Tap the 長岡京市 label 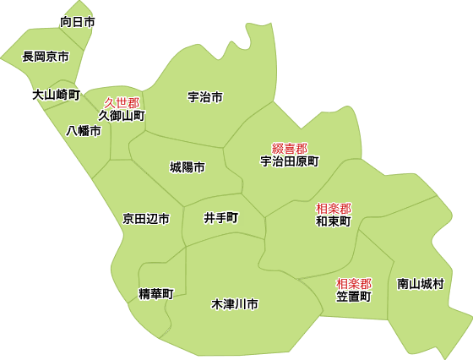tap(46, 57)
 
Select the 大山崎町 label tap(56, 95)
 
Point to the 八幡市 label tap(84, 131)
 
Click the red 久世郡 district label tap(122, 102)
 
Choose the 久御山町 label tap(122, 115)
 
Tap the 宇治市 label tap(205, 97)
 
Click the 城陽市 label tap(187, 167)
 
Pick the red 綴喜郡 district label tap(289, 148)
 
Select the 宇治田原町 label tap(289, 161)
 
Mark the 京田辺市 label tap(145, 219)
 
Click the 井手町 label tap(221, 217)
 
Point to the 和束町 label tap(334, 221)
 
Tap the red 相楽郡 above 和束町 tap(334, 208)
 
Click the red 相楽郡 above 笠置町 tap(354, 283)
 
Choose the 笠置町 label tap(354, 297)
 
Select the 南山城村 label tap(421, 284)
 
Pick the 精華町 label tap(155, 294)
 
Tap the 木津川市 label tap(235, 303)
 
